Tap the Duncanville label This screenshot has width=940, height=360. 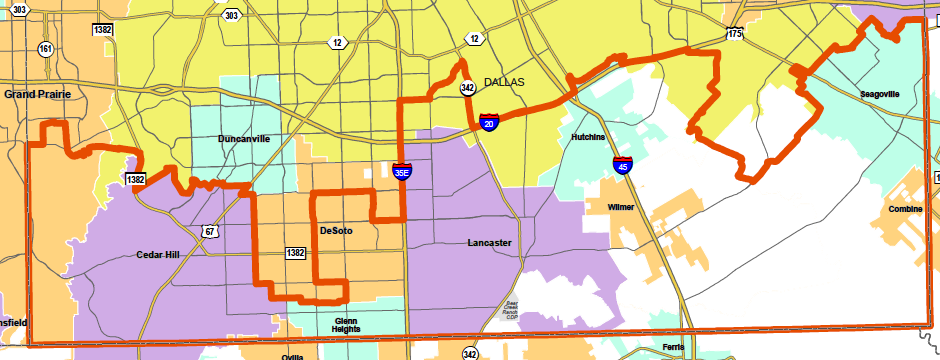coord(243,139)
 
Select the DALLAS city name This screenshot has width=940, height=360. coord(504,82)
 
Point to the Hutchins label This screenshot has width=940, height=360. coord(588,136)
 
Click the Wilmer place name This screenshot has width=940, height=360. coord(622,207)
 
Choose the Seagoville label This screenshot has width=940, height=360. coord(880,94)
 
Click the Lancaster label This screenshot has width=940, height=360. coord(490,243)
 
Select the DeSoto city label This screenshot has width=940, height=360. coord(336,231)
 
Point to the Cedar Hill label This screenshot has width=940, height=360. coord(162,255)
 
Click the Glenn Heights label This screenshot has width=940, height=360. coord(345,326)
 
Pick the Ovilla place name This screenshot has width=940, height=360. coord(292,356)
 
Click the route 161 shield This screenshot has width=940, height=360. coord(46,48)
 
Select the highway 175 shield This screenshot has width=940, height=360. coord(735,34)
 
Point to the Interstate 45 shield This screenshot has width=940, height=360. coord(622,165)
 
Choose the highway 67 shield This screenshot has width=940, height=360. coord(210,232)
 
